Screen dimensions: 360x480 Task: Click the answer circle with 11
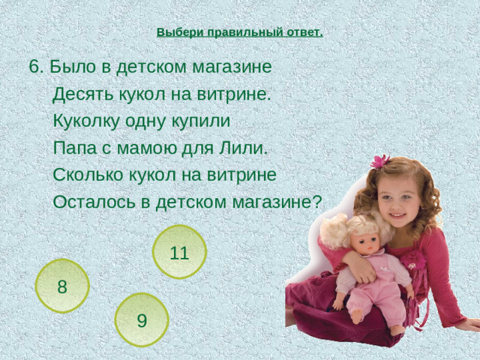click(x=178, y=253)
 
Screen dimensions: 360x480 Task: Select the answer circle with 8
click(x=62, y=286)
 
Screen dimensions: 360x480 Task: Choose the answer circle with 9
click(x=142, y=320)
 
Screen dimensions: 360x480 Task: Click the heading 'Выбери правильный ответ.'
click(x=240, y=33)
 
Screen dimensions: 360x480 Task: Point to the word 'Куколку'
click(x=85, y=121)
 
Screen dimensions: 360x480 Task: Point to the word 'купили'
click(x=202, y=121)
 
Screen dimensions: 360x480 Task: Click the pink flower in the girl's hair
click(x=380, y=161)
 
